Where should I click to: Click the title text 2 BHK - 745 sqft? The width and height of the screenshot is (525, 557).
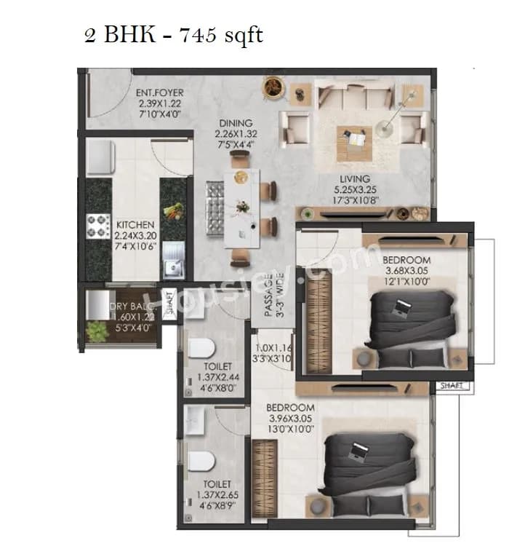point(173,34)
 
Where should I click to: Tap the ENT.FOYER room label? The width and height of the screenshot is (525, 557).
point(159,93)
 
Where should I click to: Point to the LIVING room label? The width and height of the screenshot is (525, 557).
point(355,178)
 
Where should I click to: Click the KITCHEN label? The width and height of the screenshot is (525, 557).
point(135,225)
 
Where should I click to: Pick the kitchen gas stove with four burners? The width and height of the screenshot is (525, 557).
point(99,225)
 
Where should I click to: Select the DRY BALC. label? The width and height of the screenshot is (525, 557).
point(132,307)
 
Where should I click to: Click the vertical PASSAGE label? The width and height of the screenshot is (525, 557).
point(268,291)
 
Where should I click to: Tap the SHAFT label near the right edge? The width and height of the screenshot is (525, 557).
point(452,387)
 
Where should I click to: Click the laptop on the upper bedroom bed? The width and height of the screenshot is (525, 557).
point(398,308)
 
